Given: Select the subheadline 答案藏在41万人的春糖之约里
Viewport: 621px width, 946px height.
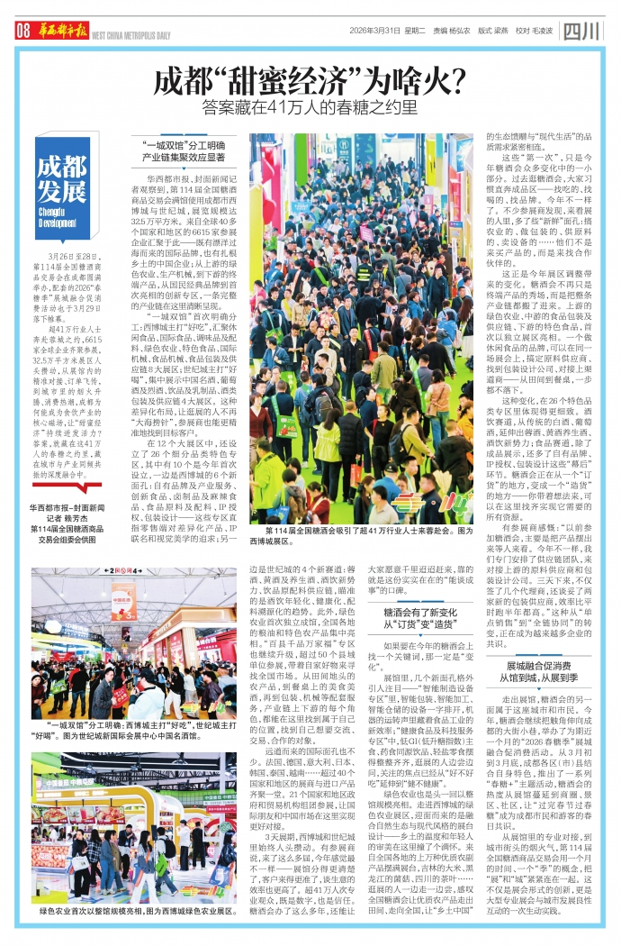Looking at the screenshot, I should click(310, 107).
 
